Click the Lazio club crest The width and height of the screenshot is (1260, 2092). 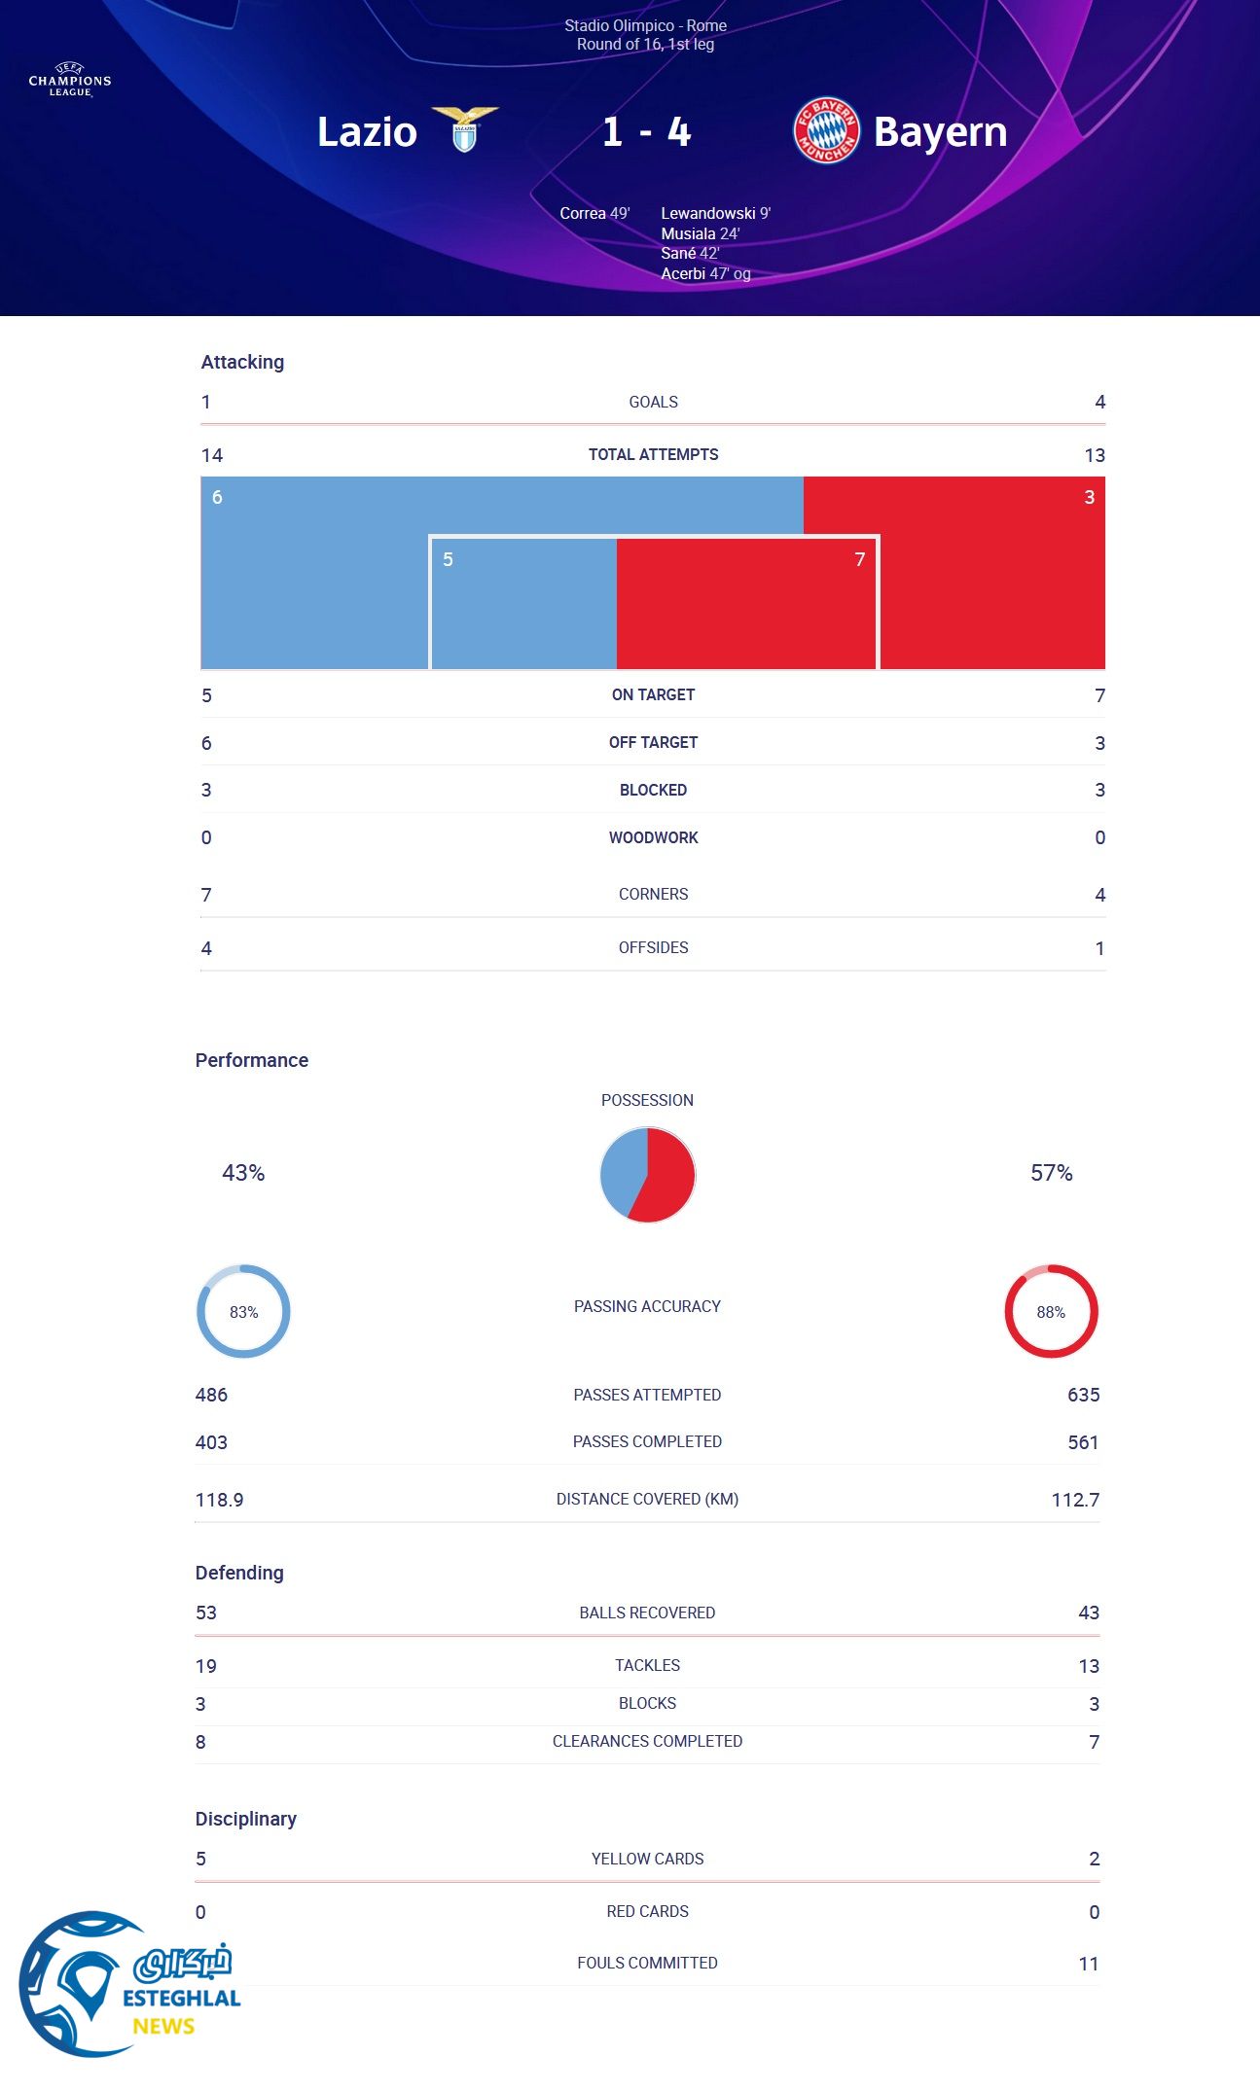click(465, 130)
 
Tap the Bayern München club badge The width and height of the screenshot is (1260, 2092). click(826, 130)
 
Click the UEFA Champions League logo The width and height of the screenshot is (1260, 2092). click(70, 81)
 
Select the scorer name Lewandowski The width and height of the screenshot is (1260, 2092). click(708, 213)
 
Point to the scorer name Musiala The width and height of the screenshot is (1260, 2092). click(689, 233)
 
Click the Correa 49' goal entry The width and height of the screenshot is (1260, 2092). click(594, 213)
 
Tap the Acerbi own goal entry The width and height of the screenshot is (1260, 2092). click(705, 273)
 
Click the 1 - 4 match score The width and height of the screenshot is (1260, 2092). click(646, 131)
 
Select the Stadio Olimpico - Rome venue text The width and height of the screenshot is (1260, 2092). click(645, 26)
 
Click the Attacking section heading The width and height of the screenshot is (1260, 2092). click(242, 362)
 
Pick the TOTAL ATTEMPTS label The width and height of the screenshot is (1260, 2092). click(653, 454)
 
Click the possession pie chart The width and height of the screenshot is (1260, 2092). click(647, 1174)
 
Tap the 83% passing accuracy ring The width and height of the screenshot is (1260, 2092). click(243, 1311)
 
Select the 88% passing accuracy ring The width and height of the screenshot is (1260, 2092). click(1051, 1311)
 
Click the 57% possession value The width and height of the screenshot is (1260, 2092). click(1051, 1173)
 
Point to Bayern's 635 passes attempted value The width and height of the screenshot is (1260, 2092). click(1083, 1395)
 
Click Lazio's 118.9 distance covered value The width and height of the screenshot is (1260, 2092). click(219, 1500)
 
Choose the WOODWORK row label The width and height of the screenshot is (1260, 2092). click(653, 837)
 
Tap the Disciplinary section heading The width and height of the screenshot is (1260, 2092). click(245, 1819)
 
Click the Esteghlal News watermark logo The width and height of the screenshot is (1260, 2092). click(126, 1984)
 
